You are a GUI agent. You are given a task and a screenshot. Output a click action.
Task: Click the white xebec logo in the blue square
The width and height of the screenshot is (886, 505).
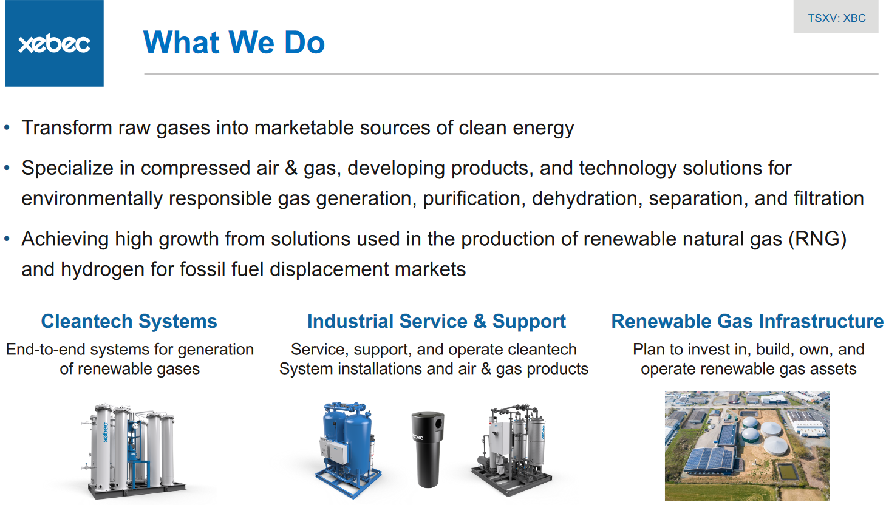point(54,44)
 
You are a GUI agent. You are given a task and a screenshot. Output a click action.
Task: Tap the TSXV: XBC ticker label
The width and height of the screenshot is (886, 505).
point(837,18)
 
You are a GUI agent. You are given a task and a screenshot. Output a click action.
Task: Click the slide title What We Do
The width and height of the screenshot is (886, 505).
point(234,42)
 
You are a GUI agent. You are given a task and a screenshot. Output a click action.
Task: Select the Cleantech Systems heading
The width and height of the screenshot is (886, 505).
point(129,321)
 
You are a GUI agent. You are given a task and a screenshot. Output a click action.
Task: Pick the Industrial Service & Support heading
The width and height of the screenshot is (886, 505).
point(436,321)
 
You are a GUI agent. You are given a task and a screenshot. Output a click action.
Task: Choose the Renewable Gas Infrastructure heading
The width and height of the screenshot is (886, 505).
point(747,321)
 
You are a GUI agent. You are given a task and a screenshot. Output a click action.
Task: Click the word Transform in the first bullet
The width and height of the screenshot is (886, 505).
point(67,127)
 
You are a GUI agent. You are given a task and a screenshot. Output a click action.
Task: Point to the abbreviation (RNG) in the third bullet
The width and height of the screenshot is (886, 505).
point(817,239)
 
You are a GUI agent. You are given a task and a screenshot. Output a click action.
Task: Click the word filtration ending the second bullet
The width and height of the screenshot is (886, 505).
point(829,198)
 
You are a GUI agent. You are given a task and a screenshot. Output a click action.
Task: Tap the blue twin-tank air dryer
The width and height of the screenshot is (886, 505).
point(348,450)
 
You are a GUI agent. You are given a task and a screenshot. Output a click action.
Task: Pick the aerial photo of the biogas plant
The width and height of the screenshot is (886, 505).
point(747,446)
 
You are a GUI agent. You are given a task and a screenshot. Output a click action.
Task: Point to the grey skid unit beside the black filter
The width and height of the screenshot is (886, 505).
point(511,450)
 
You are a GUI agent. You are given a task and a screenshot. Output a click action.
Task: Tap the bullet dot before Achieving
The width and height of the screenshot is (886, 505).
point(7,239)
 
